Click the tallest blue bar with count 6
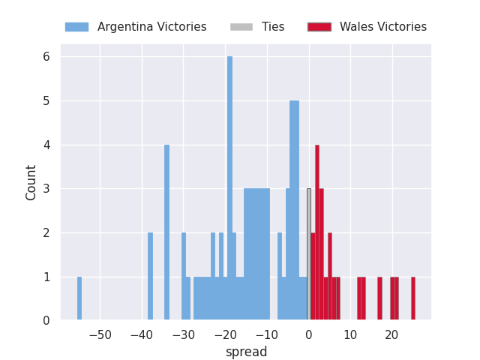coord(229,187)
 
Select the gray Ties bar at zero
coord(308,255)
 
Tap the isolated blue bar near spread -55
coord(79,298)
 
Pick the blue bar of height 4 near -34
coord(166,232)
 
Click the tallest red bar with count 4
coord(317,232)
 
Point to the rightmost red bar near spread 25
coord(412,298)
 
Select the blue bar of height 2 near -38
coord(150,276)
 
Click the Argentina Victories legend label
coord(151,27)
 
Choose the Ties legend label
coord(273,27)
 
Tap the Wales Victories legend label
coord(382,27)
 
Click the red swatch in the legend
coord(319,27)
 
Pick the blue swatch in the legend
coord(76,27)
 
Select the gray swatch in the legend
coord(241,27)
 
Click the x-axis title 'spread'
coord(246,352)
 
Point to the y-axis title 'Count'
coord(31,182)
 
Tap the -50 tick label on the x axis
coord(100,334)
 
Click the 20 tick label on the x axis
coord(391,334)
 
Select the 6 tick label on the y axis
coord(46,57)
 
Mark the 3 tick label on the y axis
coord(46,189)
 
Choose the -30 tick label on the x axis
coord(183,334)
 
